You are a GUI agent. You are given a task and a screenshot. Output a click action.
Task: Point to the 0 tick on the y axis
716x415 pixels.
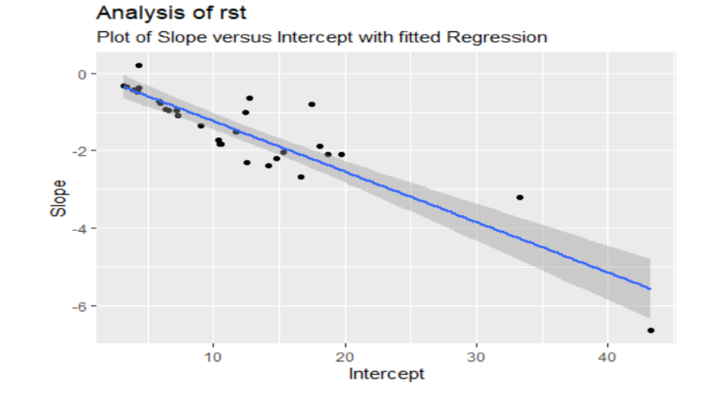[81, 73]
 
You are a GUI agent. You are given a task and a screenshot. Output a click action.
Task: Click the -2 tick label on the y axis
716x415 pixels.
[79, 150]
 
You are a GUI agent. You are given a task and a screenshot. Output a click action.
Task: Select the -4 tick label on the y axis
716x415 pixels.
[79, 228]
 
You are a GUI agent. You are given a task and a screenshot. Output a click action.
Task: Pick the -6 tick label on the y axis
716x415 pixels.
[79, 306]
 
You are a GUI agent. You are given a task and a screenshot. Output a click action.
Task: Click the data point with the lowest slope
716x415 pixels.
[650, 330]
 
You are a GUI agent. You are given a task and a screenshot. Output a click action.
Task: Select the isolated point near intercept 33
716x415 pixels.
[520, 197]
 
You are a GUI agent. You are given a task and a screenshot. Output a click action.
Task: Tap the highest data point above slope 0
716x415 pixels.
[138, 65]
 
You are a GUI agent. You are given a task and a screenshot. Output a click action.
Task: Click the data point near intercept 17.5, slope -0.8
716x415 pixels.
[311, 104]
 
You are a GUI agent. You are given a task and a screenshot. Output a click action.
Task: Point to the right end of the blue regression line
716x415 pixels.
[650, 289]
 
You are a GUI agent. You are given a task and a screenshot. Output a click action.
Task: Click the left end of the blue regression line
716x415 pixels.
[124, 86]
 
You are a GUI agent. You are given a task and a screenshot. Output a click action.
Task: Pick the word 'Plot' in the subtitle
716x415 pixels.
[110, 37]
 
